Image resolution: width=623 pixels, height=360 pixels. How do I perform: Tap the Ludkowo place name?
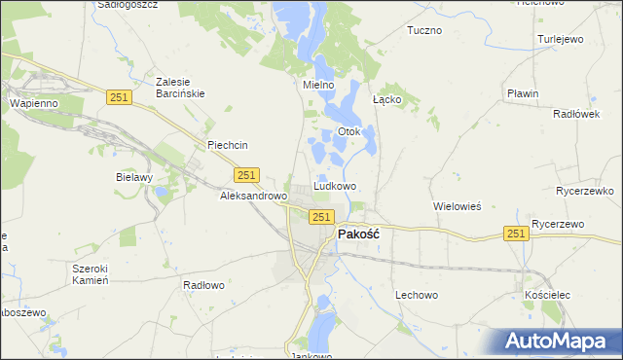tap(334, 186)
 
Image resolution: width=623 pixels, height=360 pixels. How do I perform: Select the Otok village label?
tap(348, 131)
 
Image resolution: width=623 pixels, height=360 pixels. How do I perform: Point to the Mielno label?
tap(318, 86)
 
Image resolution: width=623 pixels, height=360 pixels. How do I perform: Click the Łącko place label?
tap(387, 100)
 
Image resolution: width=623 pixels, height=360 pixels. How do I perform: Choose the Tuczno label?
tap(424, 30)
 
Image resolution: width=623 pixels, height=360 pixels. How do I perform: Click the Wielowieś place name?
tap(458, 206)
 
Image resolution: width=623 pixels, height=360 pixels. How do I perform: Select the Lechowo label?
tap(417, 294)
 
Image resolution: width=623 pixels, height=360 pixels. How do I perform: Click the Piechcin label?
tap(228, 145)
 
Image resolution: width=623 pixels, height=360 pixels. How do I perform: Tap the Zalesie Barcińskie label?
tap(181, 88)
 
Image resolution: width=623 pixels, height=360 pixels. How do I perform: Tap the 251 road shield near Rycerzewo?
tap(516, 234)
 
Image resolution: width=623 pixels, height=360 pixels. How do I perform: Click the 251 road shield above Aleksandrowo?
tap(246, 174)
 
